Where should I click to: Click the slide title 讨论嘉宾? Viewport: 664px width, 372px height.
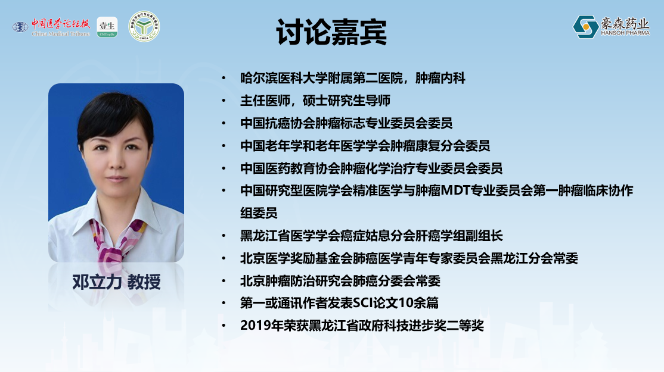pyautogui.click(x=331, y=32)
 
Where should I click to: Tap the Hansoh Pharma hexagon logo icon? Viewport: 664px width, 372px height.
pyautogui.click(x=585, y=27)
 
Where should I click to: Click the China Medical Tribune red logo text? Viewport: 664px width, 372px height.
pyautogui.click(x=61, y=27)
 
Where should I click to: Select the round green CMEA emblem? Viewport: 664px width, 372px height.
pyautogui.click(x=144, y=27)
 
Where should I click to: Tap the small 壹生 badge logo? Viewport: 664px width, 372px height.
pyautogui.click(x=107, y=27)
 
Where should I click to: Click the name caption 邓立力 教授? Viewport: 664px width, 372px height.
pyautogui.click(x=116, y=282)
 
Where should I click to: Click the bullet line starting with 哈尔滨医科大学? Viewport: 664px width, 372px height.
pyautogui.click(x=353, y=78)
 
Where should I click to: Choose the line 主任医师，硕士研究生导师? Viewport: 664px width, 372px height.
pyautogui.click(x=315, y=101)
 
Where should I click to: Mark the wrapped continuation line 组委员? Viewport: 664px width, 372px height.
pyautogui.click(x=259, y=213)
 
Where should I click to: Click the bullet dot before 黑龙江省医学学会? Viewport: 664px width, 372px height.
pyautogui.click(x=224, y=236)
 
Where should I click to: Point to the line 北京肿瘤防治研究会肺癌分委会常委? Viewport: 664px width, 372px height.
pyautogui.click(x=340, y=281)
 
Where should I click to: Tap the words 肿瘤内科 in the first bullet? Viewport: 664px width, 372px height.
pyautogui.click(x=440, y=78)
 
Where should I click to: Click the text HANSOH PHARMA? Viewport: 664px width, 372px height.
pyautogui.click(x=625, y=33)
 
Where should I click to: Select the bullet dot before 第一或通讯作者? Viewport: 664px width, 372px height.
pyautogui.click(x=224, y=303)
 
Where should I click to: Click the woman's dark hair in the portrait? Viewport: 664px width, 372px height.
pyautogui.click(x=114, y=114)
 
